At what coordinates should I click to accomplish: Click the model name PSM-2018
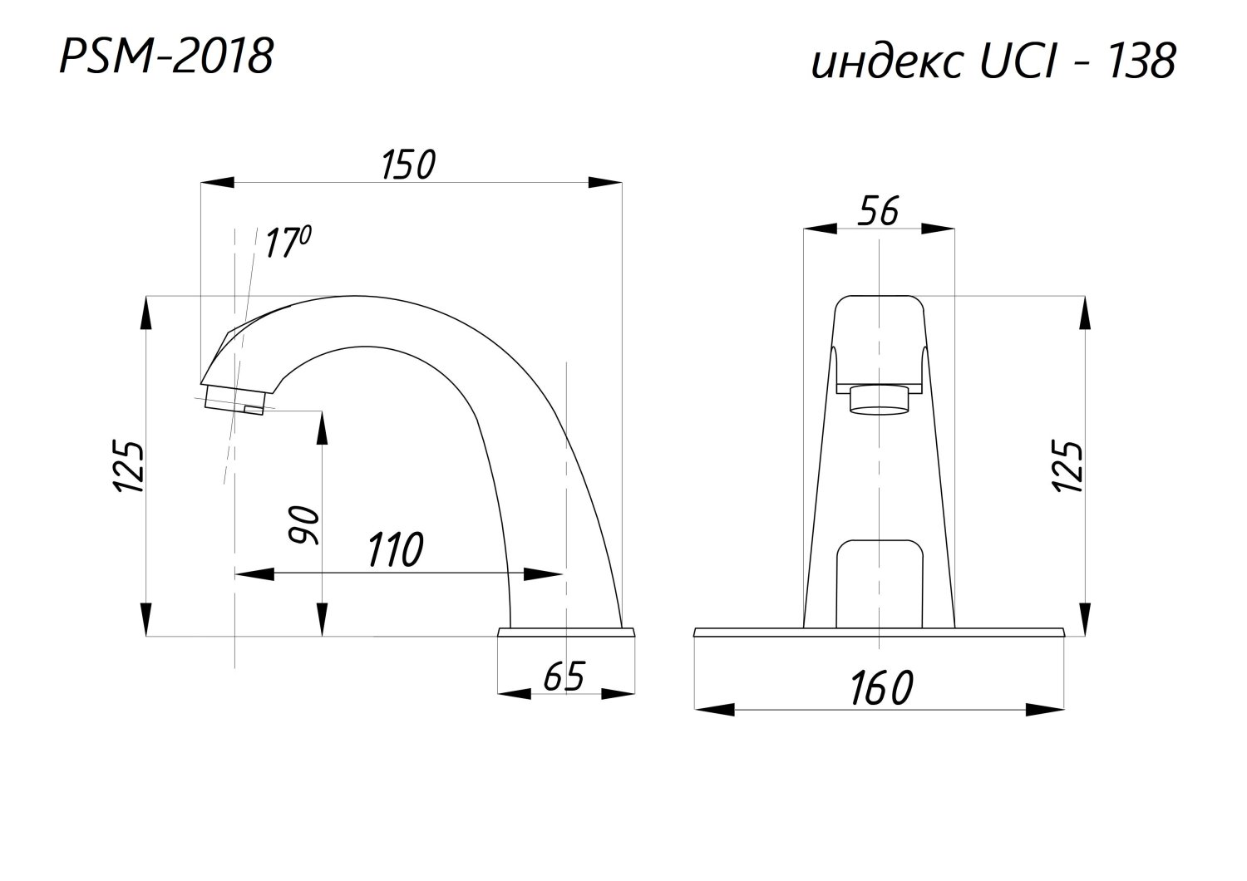[166, 57]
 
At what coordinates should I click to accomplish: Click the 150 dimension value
[409, 165]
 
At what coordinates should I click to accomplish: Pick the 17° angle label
[287, 242]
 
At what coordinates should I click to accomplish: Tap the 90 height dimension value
[304, 524]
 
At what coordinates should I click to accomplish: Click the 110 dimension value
[396, 550]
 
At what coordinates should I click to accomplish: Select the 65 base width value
[564, 677]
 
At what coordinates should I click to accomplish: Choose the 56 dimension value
[878, 211]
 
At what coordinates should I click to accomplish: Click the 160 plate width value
[882, 688]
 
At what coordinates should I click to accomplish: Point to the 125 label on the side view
[129, 467]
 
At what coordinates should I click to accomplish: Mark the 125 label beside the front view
[1067, 466]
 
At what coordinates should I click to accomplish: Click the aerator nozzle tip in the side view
[234, 401]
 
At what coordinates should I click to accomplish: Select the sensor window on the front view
[880, 583]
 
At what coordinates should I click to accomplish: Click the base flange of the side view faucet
[566, 632]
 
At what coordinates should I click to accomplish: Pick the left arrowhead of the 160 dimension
[715, 710]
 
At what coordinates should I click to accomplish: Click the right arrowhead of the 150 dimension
[605, 182]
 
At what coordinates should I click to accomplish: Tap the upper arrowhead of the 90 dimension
[322, 428]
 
